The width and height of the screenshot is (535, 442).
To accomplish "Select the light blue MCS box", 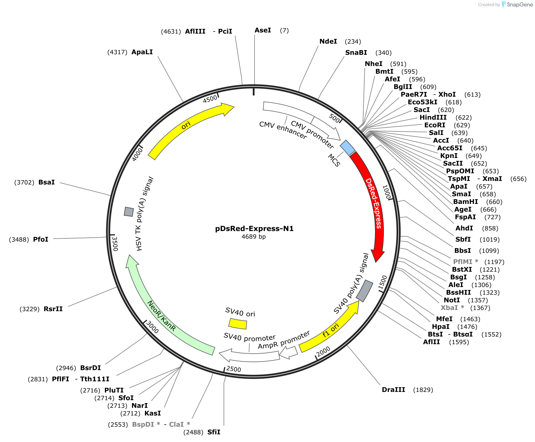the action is [348, 148].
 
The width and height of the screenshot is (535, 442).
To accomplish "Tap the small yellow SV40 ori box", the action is [238, 324].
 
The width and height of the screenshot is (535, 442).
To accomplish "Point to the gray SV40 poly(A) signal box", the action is [365, 291].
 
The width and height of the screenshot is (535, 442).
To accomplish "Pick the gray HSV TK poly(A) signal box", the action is [129, 212].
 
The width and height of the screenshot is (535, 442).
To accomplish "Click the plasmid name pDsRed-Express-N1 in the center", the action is [254, 229].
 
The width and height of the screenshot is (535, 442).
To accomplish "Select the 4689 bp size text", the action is [253, 237].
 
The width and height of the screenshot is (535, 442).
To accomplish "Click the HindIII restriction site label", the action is [433, 118].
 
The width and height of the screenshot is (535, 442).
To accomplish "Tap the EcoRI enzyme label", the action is [435, 125].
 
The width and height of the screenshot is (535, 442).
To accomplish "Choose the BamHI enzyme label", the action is [465, 202].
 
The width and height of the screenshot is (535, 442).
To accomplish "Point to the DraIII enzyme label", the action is [394, 390].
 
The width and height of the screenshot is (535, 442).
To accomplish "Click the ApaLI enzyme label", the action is [142, 52].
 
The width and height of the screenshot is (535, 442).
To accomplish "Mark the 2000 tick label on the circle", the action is [323, 351].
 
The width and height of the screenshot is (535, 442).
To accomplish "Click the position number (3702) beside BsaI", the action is [24, 182].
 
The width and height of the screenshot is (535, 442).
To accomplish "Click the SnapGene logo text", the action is [520, 5].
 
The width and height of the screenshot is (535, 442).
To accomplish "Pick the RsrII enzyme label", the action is [53, 309].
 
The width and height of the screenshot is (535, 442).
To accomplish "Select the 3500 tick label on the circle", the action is [115, 244].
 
